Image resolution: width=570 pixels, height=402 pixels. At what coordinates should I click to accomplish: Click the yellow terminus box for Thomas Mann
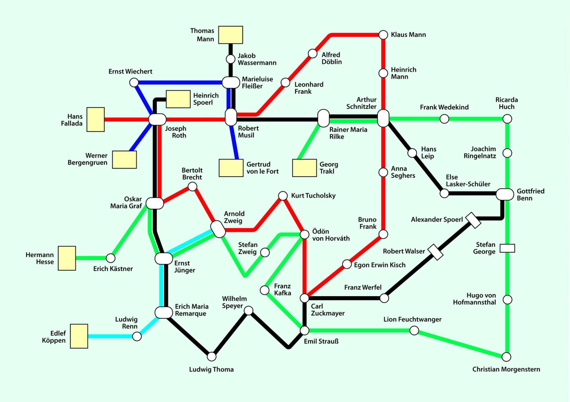point(231,35)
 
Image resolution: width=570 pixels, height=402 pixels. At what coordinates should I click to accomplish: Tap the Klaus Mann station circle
point(383,35)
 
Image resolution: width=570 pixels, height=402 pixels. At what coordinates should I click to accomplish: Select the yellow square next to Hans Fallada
point(95,119)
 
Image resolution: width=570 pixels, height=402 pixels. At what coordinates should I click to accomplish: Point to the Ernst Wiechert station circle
point(134,83)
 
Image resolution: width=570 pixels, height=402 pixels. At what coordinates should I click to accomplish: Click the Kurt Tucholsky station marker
point(283,196)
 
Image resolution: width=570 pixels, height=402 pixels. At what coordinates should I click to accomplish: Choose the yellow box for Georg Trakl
point(304,168)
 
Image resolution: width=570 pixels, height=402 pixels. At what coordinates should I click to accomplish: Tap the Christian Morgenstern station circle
point(506,357)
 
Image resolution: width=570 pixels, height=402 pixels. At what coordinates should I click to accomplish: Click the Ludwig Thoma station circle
point(211,356)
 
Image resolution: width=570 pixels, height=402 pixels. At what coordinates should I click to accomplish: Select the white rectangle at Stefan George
point(507,248)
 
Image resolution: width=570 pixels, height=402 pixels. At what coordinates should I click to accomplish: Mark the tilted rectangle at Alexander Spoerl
point(473,220)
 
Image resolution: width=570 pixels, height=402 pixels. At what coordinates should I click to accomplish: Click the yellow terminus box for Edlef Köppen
point(79,336)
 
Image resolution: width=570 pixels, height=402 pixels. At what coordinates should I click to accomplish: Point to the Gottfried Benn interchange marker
point(505,194)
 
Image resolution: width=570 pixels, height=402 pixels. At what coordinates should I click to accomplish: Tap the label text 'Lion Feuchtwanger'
point(412,319)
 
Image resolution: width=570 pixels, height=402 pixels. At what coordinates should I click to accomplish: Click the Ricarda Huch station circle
point(507,119)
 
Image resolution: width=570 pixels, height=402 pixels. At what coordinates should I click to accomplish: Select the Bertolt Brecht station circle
point(192,187)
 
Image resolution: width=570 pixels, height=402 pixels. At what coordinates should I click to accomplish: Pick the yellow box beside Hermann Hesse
point(67,258)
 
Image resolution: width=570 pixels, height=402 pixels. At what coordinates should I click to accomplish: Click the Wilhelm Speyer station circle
point(249,311)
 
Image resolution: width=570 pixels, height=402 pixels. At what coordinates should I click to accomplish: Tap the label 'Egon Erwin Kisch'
point(380,265)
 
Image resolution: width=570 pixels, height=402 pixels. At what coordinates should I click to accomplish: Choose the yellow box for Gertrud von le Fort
point(231,168)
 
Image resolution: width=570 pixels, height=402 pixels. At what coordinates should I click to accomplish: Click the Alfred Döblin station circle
point(313,53)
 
